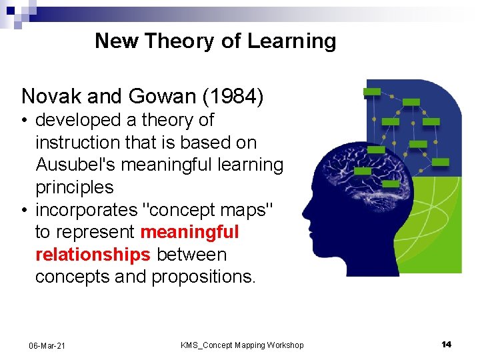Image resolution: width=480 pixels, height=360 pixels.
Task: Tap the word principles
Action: pos(74,187)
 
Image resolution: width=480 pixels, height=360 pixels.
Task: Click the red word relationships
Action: pos(93,255)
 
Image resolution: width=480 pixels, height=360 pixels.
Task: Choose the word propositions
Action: pos(203,277)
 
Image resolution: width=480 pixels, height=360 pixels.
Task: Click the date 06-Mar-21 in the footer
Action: pos(47,345)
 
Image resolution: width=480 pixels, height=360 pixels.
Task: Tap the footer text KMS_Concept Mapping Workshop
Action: pos(242,345)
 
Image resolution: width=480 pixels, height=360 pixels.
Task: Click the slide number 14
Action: pos(446,344)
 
